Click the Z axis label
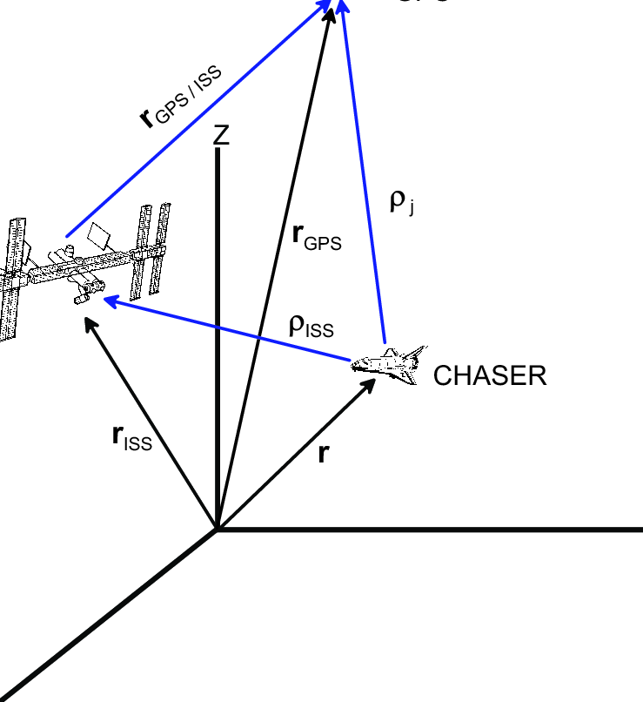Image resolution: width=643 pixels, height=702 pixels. (222, 135)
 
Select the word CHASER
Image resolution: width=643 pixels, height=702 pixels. (490, 375)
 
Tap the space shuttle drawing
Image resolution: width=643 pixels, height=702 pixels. (389, 365)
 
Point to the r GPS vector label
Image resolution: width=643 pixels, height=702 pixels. (317, 236)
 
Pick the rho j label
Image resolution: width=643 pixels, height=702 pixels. (401, 202)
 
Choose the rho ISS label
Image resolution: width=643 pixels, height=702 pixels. (311, 326)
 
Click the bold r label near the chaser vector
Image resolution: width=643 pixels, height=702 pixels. (323, 454)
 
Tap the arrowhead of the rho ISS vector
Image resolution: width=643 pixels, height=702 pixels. (109, 300)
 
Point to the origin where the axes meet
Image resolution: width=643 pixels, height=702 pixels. (217, 529)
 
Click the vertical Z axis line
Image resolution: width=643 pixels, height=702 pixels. (217, 348)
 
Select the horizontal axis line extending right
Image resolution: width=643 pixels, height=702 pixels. (435, 529)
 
